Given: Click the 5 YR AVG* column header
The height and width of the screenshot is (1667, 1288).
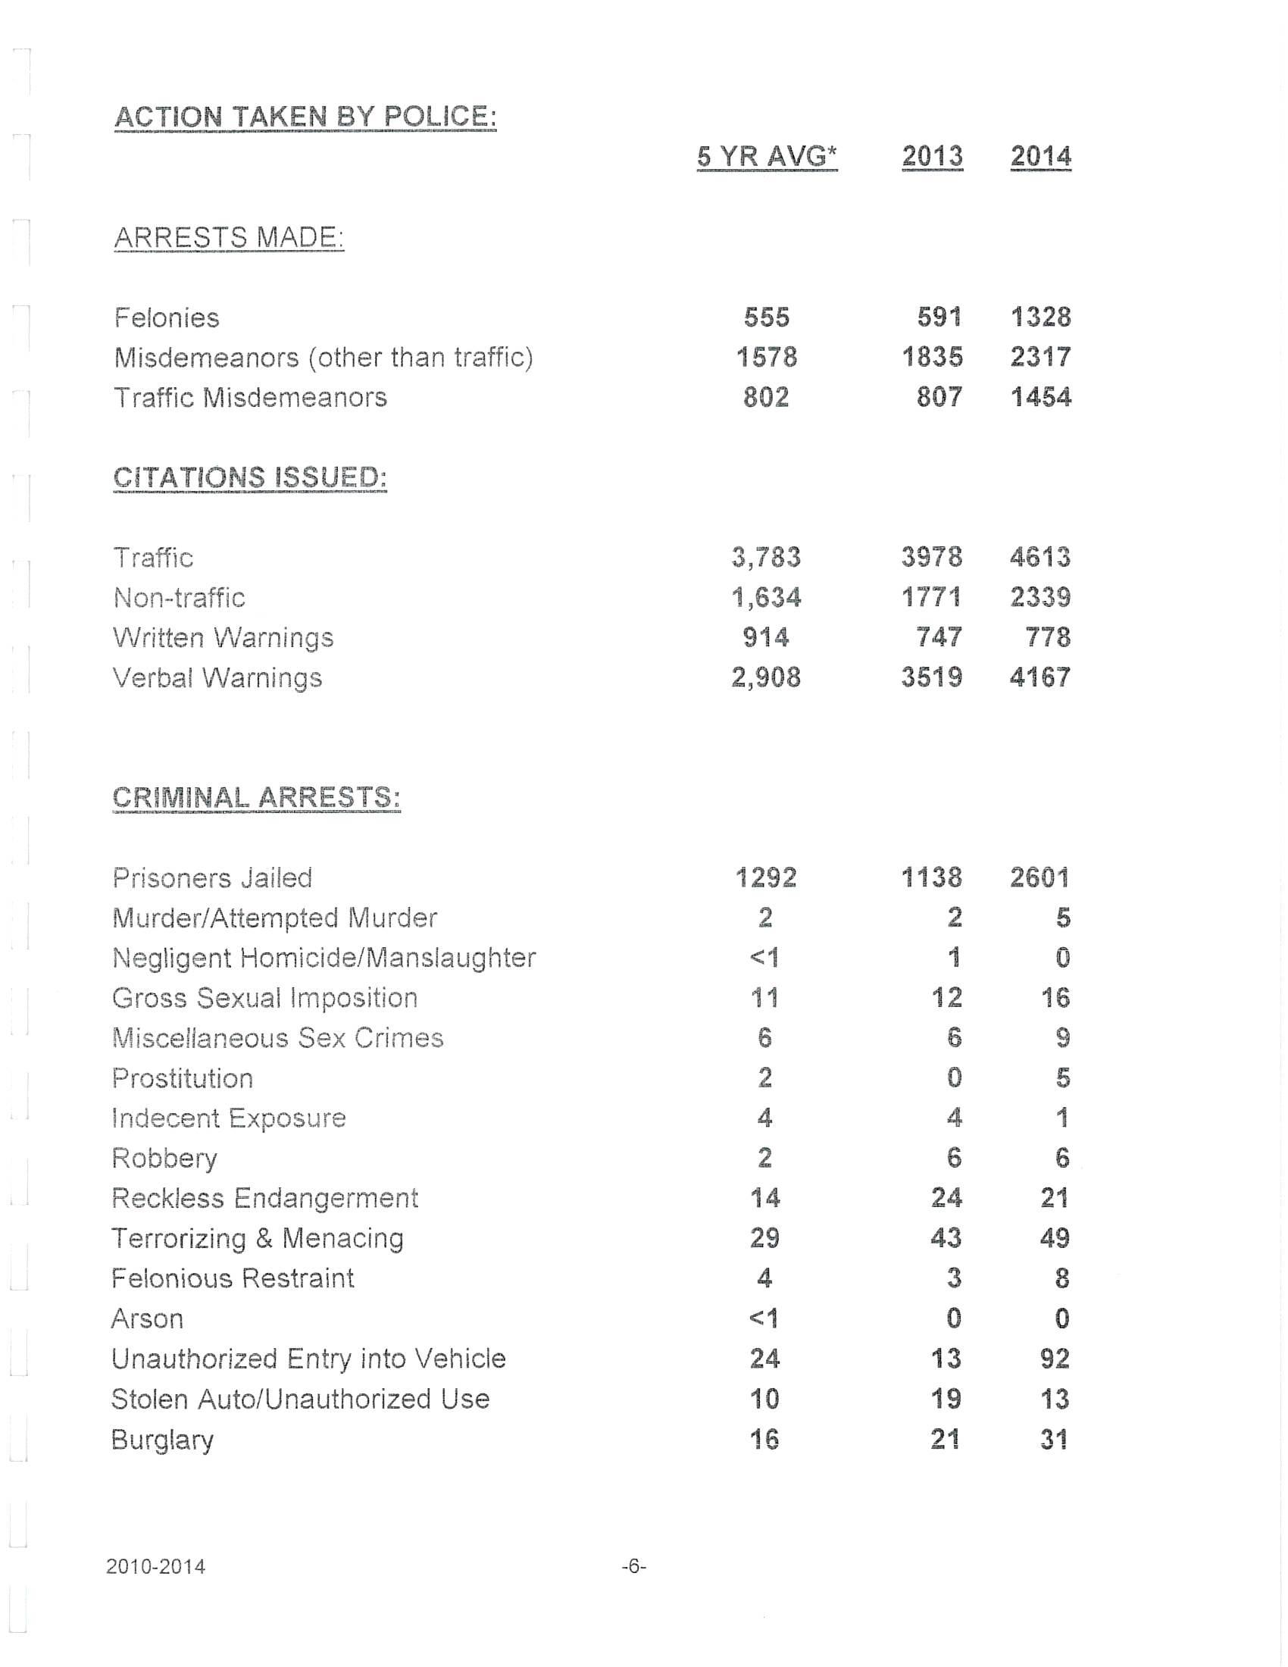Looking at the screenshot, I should click(767, 157).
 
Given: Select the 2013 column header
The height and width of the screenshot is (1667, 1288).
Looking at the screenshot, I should click(932, 157).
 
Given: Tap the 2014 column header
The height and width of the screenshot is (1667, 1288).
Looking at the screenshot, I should click(1041, 157).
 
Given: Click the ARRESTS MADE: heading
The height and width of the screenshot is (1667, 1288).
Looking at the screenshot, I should click(229, 237).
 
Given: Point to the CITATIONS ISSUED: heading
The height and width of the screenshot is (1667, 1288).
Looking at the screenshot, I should click(249, 478).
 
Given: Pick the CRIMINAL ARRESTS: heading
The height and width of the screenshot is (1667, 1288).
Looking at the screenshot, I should click(256, 798).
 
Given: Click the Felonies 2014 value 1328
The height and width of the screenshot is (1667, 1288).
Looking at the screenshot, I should click(1041, 317).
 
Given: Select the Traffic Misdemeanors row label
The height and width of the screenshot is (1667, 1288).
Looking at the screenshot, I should click(250, 398).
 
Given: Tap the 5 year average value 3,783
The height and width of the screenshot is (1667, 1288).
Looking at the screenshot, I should click(766, 558).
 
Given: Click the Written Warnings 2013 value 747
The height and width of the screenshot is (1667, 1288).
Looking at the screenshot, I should click(939, 637).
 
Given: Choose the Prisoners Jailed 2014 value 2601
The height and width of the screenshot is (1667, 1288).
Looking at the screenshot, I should click(1040, 877).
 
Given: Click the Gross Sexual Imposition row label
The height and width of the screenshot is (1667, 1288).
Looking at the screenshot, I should click(264, 999).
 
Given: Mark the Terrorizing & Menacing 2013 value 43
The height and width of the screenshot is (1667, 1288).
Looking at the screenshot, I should click(946, 1238).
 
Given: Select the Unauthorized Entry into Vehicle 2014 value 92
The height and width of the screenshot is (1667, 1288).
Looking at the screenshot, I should click(1055, 1359).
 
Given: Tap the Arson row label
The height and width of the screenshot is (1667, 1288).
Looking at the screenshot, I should click(147, 1319).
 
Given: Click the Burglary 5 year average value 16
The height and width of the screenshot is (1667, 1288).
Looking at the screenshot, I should click(764, 1440).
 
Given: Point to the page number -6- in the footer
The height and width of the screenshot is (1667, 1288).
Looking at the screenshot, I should click(634, 1567).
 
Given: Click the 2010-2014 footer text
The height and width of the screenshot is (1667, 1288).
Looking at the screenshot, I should click(155, 1567).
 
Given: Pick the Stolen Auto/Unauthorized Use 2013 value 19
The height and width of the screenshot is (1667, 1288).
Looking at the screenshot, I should click(946, 1399).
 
